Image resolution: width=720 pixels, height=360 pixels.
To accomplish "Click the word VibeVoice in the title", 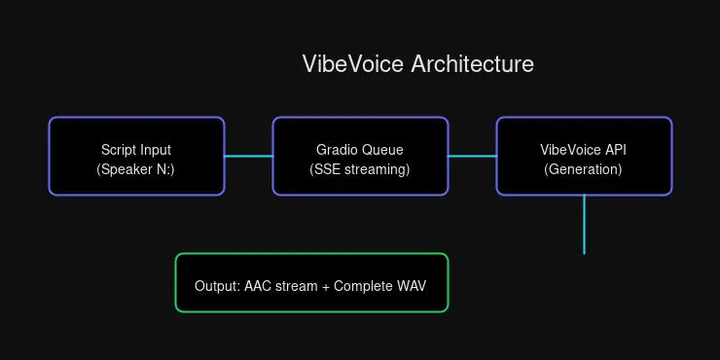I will tap(353, 64).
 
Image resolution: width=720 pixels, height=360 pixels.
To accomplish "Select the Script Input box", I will tap(136, 156).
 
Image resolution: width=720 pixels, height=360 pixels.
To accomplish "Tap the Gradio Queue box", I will tap(360, 156).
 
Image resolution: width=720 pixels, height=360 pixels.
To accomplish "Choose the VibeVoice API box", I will tap(584, 156).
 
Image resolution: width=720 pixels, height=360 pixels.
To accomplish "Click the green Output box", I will tap(311, 283).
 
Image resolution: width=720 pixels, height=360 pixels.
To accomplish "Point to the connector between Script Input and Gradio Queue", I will tap(248, 156).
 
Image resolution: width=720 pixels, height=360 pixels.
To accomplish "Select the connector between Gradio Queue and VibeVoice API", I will tap(472, 156).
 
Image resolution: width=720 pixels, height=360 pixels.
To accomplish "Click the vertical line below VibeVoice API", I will tap(584, 224).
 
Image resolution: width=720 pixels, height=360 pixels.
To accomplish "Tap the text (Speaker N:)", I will tap(136, 169).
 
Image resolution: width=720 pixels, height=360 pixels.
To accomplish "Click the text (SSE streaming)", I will tap(360, 169).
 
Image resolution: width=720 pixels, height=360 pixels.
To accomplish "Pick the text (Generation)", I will tap(584, 169).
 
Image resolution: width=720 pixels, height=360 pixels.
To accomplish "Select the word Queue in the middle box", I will tap(383, 150).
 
